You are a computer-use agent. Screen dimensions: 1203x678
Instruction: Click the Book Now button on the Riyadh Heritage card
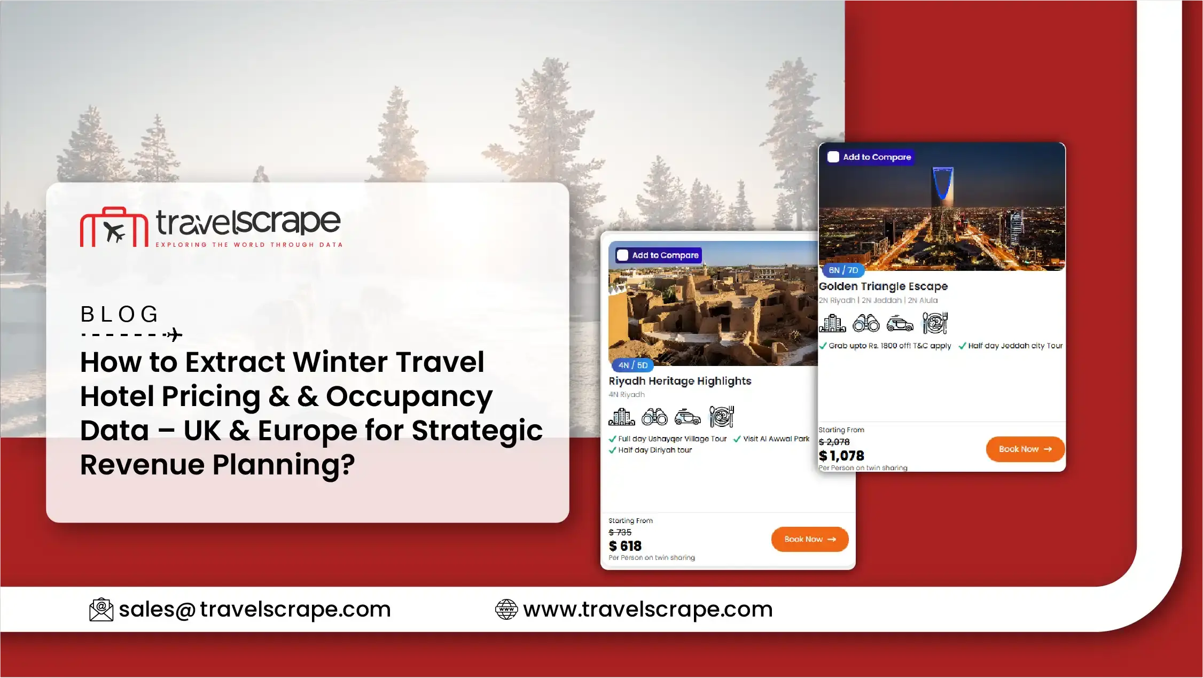pos(810,539)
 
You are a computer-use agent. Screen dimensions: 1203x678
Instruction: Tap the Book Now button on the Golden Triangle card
pos(1025,449)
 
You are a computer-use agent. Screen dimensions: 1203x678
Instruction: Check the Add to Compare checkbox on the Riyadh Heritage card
pos(623,255)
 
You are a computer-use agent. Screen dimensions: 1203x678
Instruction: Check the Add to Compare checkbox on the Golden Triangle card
pos(833,157)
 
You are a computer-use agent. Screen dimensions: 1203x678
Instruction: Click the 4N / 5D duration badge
pos(633,365)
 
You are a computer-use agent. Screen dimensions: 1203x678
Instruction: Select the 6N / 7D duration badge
pos(843,270)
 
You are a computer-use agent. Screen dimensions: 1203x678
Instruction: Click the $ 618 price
pos(625,546)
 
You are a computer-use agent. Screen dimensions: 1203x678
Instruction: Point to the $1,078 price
pos(841,456)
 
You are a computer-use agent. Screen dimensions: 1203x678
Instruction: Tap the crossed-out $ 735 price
pos(620,532)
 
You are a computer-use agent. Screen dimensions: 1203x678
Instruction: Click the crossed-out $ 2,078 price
pos(834,442)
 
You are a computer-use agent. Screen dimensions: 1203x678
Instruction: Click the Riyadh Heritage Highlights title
pos(680,381)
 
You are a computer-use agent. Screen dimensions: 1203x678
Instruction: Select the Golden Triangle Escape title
pos(884,286)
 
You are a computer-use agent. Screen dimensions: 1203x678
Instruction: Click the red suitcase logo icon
pos(114,227)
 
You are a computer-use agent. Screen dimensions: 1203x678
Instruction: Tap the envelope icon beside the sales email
pos(101,610)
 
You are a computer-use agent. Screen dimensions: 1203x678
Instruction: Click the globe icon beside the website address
pos(506,610)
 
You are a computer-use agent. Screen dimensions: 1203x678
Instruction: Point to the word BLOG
pos(120,314)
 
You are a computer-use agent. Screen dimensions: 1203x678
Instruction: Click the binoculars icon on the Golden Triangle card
pos(866,323)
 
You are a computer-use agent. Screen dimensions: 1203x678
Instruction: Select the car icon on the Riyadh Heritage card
pos(688,417)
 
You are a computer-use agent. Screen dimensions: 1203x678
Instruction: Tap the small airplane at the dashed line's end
pos(174,335)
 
